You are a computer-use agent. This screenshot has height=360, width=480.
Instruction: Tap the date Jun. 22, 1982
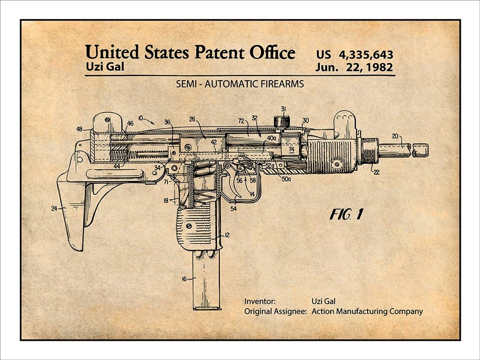[x=354, y=67]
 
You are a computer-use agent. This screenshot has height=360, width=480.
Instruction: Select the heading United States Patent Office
[x=190, y=52]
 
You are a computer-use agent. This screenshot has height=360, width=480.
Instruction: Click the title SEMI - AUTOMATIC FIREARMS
[x=240, y=84]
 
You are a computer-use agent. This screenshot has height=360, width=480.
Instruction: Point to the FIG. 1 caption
[x=346, y=215]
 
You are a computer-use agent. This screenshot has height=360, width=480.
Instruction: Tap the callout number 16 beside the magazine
[x=184, y=278]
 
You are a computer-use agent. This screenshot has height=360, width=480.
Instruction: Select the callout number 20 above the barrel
[x=395, y=136]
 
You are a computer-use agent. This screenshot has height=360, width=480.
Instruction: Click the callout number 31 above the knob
[x=284, y=108]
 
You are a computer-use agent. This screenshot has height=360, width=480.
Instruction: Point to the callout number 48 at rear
[x=80, y=129]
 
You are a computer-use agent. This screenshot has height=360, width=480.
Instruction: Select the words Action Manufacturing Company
[x=367, y=311]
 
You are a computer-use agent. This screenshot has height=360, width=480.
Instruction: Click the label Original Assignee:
[x=275, y=311]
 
